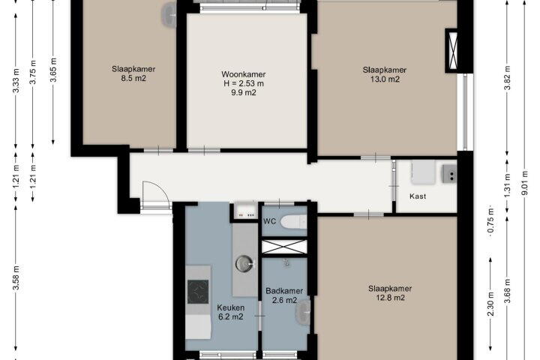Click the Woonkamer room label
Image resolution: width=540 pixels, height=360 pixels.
click(x=244, y=74)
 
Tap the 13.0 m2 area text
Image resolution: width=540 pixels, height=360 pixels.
click(x=385, y=79)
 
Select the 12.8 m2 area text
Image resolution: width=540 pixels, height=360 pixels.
click(x=390, y=298)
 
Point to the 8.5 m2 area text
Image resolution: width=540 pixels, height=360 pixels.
click(x=133, y=78)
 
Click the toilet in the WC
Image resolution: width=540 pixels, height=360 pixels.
click(x=293, y=222)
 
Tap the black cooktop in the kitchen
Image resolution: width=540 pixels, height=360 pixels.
click(x=198, y=292)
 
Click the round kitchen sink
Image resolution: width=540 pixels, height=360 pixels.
click(x=244, y=264)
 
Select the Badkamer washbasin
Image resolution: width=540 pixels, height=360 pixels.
click(x=303, y=313)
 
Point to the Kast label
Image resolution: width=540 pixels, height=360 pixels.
click(x=418, y=196)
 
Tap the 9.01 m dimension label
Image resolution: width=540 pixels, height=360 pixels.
click(x=525, y=183)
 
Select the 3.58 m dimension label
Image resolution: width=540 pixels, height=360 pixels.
click(x=16, y=278)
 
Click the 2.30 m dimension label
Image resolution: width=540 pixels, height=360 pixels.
click(x=491, y=303)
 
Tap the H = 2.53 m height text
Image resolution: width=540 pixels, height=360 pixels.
click(x=244, y=83)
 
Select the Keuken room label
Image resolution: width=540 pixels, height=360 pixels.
click(x=231, y=307)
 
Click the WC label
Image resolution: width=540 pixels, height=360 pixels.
click(x=270, y=221)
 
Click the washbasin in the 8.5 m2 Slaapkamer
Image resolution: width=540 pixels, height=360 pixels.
click(x=169, y=14)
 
